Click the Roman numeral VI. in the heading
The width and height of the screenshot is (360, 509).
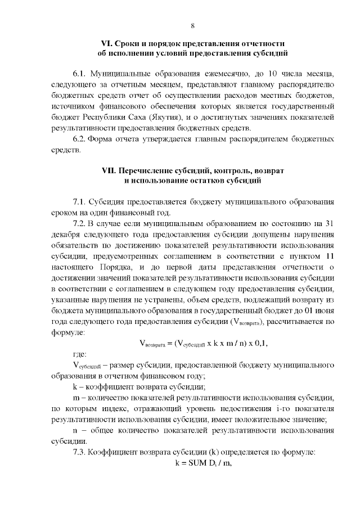click(x=107, y=44)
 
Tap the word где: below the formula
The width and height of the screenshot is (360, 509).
click(x=80, y=355)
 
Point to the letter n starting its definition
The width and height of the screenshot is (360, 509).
click(x=75, y=430)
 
